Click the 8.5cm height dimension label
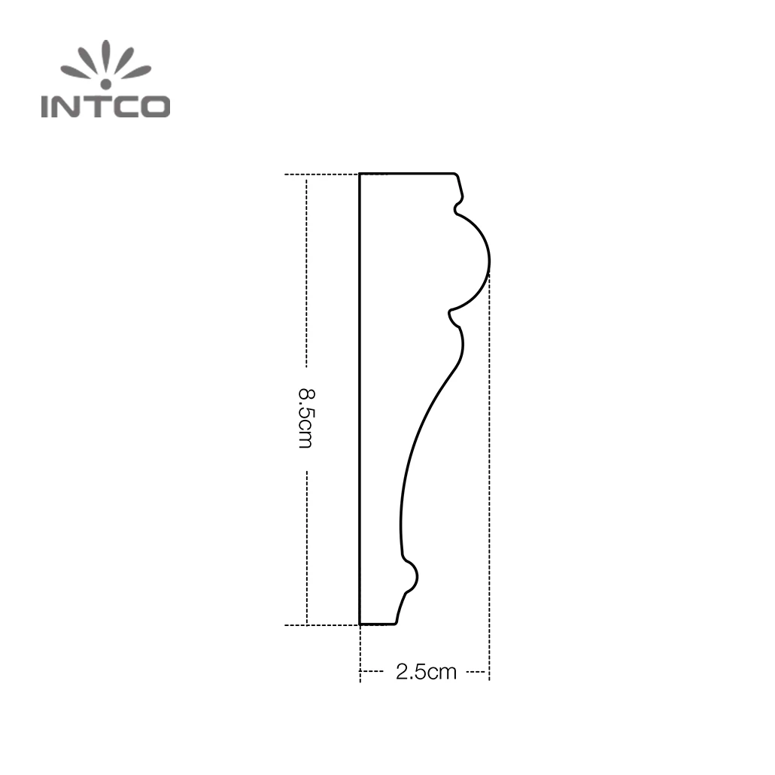point(305,418)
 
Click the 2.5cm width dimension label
point(426,672)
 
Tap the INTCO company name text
point(105,106)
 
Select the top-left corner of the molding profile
point(360,175)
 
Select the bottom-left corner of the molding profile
point(360,624)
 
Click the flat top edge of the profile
point(406,174)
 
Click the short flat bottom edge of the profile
point(378,624)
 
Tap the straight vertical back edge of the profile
point(360,399)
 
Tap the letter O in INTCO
point(156,106)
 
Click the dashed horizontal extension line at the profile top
point(320,175)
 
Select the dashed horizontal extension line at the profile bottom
point(320,625)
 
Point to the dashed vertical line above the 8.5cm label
point(306,271)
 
